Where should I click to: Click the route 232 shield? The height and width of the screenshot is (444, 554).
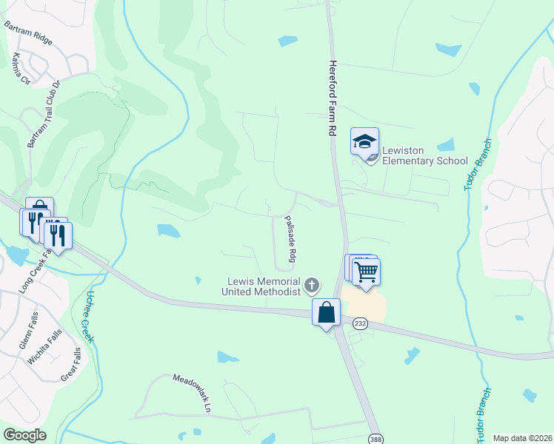coord(360,323)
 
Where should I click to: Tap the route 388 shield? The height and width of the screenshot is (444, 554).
coord(377,437)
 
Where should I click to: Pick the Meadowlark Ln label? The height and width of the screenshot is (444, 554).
coord(193,392)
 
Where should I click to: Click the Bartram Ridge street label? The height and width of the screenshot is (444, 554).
coord(28,33)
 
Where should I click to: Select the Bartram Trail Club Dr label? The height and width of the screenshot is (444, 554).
coord(43,118)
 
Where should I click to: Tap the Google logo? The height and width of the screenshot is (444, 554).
coord(24,435)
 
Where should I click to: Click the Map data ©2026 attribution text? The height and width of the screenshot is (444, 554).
coord(521,438)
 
